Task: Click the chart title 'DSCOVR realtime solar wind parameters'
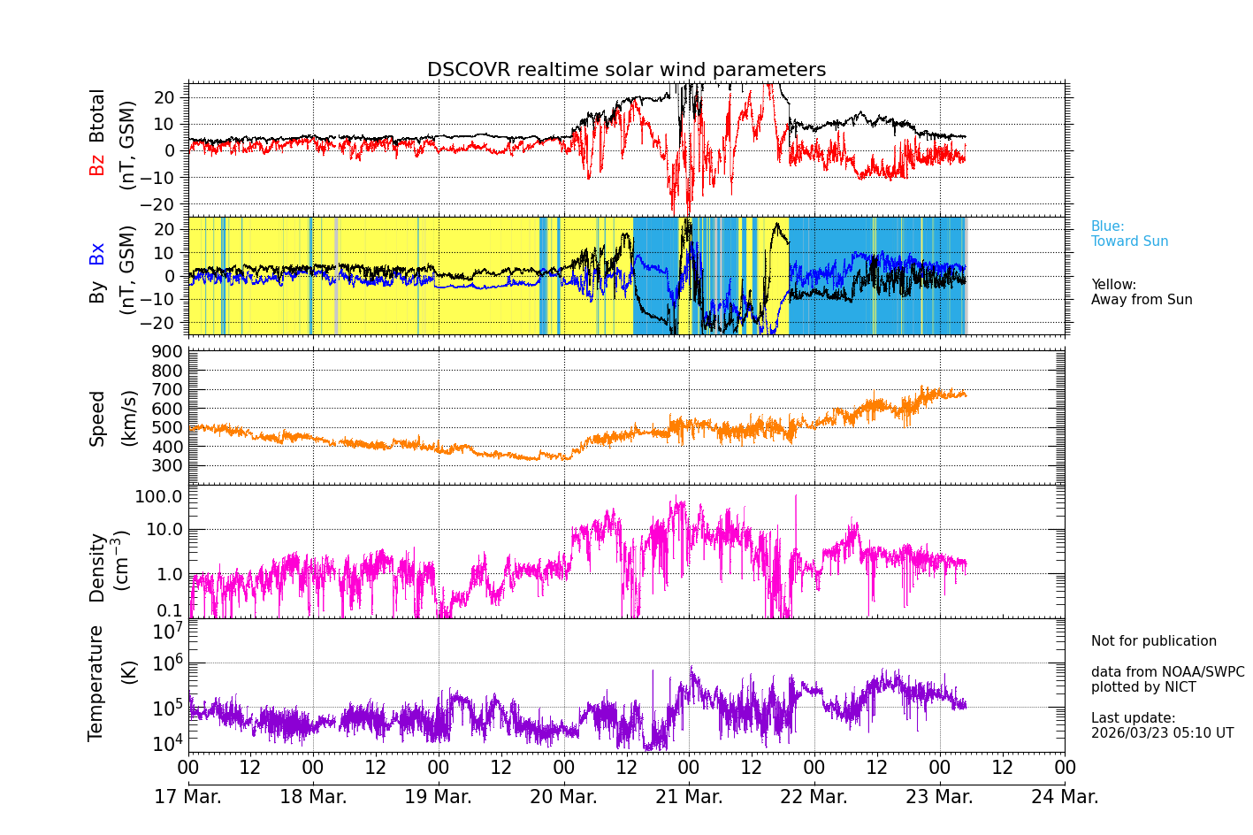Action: [x=626, y=70]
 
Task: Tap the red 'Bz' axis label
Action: [x=96, y=165]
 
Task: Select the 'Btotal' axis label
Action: [x=96, y=115]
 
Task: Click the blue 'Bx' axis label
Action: [x=96, y=253]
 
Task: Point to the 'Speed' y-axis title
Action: [x=96, y=417]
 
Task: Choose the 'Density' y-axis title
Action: [x=96, y=567]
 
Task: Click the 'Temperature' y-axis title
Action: [x=96, y=682]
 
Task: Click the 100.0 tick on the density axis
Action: [x=158, y=496]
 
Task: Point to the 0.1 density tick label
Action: [x=171, y=609]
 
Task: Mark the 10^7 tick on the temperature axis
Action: [x=167, y=632]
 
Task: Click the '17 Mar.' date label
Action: [x=187, y=797]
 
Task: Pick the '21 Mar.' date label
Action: [x=689, y=797]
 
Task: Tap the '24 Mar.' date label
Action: [x=1065, y=797]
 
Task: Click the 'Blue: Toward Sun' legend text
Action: [x=1129, y=234]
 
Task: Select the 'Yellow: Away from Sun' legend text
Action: [x=1141, y=292]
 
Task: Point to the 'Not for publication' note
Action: [x=1153, y=641]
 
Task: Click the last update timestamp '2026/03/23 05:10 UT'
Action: [x=1162, y=733]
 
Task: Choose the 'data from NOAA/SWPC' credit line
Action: [x=1167, y=672]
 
